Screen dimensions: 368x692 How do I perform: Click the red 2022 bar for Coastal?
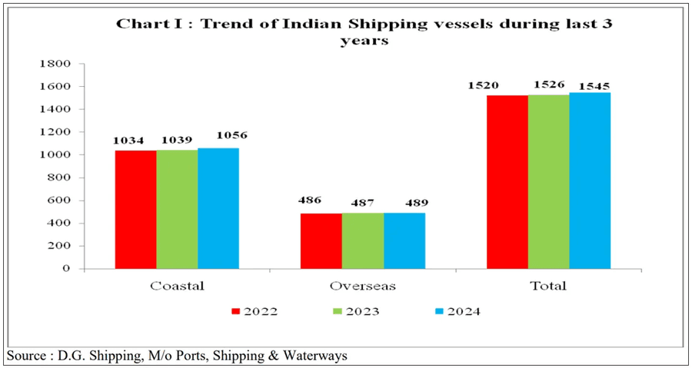[135, 210]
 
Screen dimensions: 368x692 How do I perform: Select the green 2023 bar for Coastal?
[177, 210]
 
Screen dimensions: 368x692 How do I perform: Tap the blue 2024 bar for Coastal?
[218, 208]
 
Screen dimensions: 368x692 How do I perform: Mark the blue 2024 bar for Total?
[590, 181]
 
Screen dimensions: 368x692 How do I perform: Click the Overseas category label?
[363, 286]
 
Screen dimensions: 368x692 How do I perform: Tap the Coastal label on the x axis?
[177, 286]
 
